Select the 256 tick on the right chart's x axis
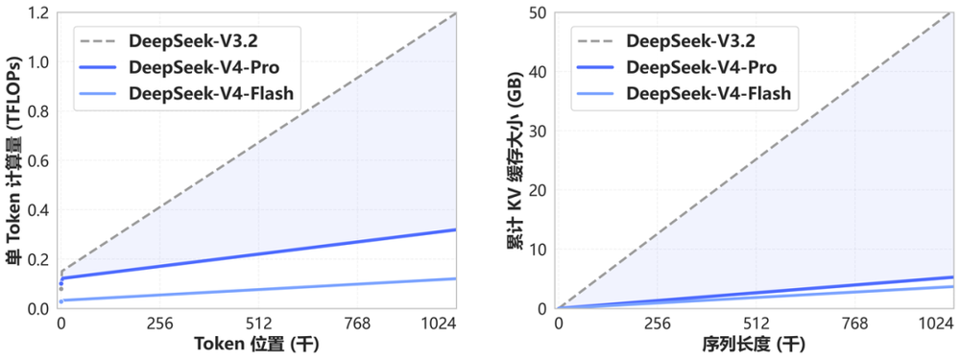coord(657,325)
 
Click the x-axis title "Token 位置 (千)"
coord(258,345)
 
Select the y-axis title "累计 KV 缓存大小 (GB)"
coord(515,160)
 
